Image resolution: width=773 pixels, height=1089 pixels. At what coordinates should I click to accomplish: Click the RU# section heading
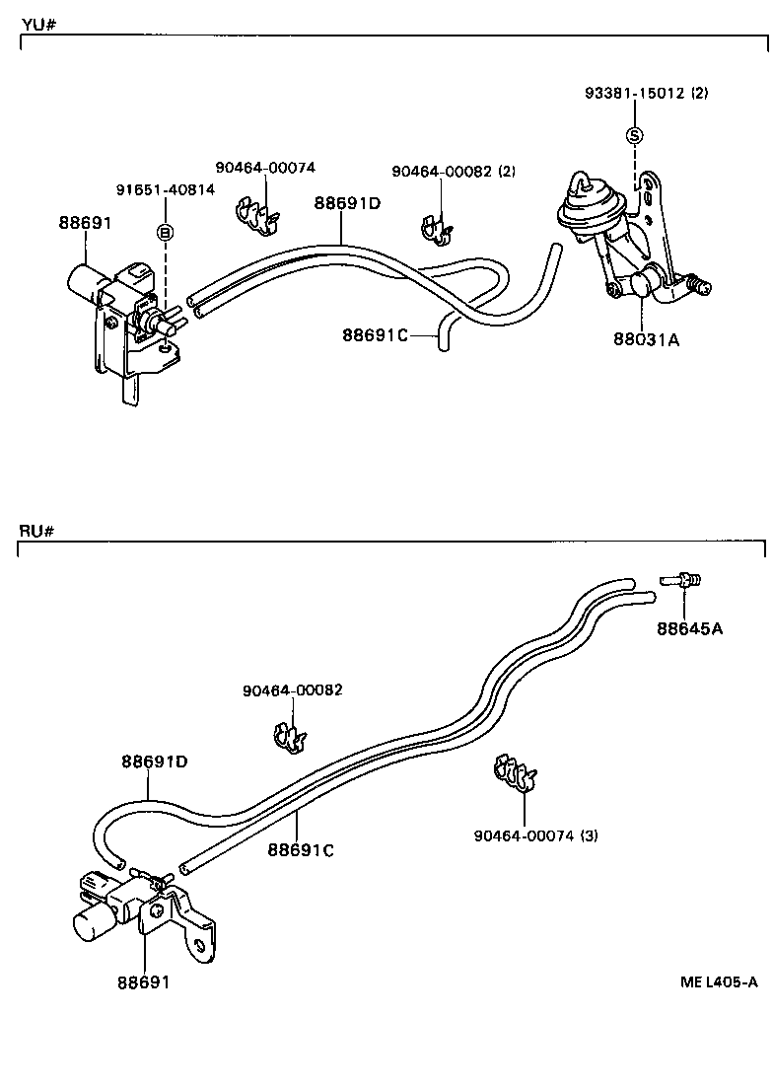click(x=36, y=532)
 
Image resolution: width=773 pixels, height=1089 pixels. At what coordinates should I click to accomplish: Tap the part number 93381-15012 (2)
click(x=646, y=94)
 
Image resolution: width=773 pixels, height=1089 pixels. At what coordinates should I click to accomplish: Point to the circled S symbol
click(x=635, y=135)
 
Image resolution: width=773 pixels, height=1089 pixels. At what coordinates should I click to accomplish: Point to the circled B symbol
click(x=166, y=233)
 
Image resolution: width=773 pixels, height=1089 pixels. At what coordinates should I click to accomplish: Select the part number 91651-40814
click(x=166, y=189)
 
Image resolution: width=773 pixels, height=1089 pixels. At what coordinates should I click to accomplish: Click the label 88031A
click(x=647, y=340)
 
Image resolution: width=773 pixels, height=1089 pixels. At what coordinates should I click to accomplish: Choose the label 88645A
click(x=690, y=628)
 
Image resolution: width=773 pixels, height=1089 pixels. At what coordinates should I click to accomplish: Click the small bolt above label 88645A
click(x=681, y=581)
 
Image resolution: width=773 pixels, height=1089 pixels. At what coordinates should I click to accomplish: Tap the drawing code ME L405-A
click(x=718, y=981)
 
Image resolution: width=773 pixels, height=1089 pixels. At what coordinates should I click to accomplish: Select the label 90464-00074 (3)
click(x=535, y=835)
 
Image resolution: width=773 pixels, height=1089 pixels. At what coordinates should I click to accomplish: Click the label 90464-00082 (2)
click(x=454, y=171)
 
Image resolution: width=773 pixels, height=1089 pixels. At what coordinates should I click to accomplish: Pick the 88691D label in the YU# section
click(x=347, y=204)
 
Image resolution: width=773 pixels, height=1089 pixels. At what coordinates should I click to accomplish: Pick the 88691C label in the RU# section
click(x=301, y=849)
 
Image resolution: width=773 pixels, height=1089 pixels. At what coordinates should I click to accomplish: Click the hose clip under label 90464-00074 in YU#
click(x=257, y=218)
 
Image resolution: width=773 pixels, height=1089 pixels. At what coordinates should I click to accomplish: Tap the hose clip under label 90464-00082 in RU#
click(x=289, y=737)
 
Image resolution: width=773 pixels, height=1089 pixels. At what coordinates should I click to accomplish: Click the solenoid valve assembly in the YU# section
click(x=118, y=306)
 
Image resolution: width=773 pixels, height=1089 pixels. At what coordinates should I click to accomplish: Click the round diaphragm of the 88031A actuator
click(x=582, y=206)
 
